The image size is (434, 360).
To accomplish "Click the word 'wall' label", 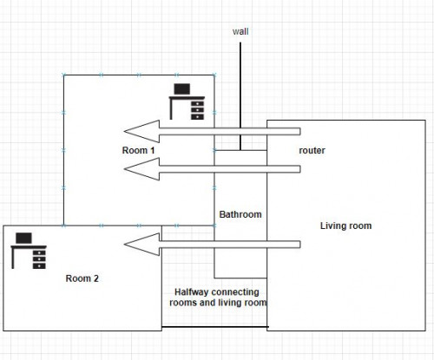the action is (x=240, y=31).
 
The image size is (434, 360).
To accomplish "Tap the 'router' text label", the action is (x=312, y=150).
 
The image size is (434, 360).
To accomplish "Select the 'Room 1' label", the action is (x=138, y=150).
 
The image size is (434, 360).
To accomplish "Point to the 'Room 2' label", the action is (x=82, y=278).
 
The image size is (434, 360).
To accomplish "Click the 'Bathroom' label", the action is (x=240, y=214).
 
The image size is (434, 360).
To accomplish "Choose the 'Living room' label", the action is (x=345, y=226).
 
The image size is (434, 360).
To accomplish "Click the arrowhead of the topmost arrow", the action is (x=141, y=131).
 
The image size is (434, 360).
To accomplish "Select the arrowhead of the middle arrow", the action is (x=141, y=169).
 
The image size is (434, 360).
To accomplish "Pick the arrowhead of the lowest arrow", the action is (x=141, y=245).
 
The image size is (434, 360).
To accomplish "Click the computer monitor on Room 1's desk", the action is (x=182, y=89).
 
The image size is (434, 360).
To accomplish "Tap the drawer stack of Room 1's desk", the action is (x=198, y=110).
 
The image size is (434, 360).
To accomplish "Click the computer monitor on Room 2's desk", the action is (x=23, y=238).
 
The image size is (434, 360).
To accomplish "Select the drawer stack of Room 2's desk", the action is (x=39, y=259).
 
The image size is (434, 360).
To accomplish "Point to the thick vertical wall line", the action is (x=240, y=96).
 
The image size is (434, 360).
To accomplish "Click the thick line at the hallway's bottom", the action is (x=214, y=327).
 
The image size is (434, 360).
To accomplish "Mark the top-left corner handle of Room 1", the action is (x=64, y=75).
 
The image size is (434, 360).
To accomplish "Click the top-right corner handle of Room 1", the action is (x=214, y=75).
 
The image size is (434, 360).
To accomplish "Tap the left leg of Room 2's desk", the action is (x=13, y=259).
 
